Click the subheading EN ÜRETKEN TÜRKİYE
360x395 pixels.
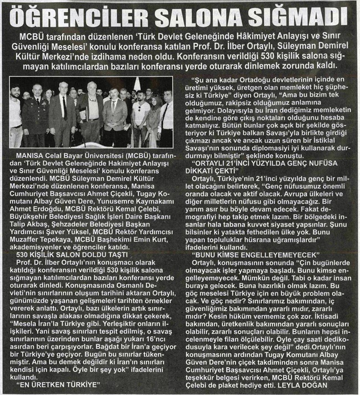58,383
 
